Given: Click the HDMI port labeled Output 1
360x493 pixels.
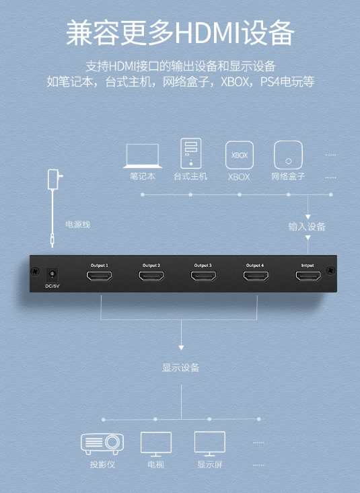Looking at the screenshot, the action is pos(100,276).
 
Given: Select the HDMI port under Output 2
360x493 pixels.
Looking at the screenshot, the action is pos(151,276).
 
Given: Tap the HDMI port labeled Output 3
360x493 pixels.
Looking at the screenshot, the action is pos(203,276).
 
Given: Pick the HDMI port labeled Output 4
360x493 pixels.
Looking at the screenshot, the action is pos(256,276).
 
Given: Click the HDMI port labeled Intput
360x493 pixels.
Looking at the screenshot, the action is pos(308,276).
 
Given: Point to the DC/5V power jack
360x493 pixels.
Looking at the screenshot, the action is pos(52,275).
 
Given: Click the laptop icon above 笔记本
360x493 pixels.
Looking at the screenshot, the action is pos(143,155).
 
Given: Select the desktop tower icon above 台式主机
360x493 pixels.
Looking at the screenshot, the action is pos(191,153).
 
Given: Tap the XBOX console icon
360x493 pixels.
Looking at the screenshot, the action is pos(240,155).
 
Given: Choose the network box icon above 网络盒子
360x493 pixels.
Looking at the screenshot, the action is pos(288,155).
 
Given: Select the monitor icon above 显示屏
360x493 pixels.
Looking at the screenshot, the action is pos(210,444).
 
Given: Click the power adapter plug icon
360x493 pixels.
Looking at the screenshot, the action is pos(54,180).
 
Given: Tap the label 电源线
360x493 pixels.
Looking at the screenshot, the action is pos(78,225).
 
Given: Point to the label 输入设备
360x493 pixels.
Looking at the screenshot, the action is pos(307,227).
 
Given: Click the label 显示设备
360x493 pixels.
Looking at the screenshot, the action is pos(180,367).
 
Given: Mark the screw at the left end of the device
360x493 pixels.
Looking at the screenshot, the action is pos(36,270).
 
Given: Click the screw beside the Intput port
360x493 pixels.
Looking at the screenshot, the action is pos(330,270).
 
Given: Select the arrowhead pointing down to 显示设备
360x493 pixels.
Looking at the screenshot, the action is pos(181,348).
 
